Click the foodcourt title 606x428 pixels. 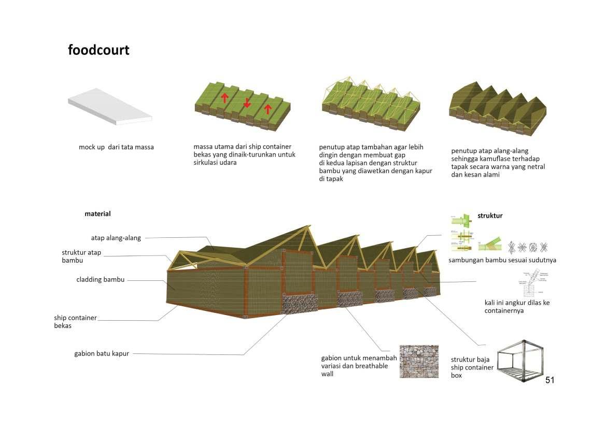98,50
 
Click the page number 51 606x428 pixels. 549,380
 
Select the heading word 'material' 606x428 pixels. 97,213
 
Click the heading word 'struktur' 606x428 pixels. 490,216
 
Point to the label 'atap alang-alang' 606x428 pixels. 116,238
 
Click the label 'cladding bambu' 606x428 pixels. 101,279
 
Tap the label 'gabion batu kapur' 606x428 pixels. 102,354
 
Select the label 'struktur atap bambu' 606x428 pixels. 81,256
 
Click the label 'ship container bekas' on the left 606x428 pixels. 75,321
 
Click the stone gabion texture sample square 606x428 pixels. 419,361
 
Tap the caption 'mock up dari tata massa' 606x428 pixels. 116,147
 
